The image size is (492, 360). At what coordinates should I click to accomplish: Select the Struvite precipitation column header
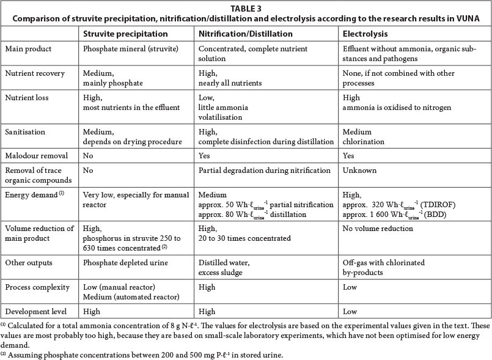pos(125,34)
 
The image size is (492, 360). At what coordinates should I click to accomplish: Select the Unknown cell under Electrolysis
pos(360,171)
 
